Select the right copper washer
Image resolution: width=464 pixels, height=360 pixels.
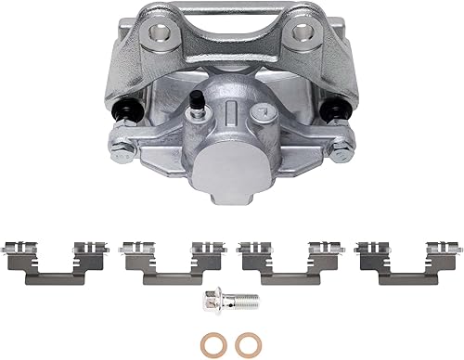point(246,344)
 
